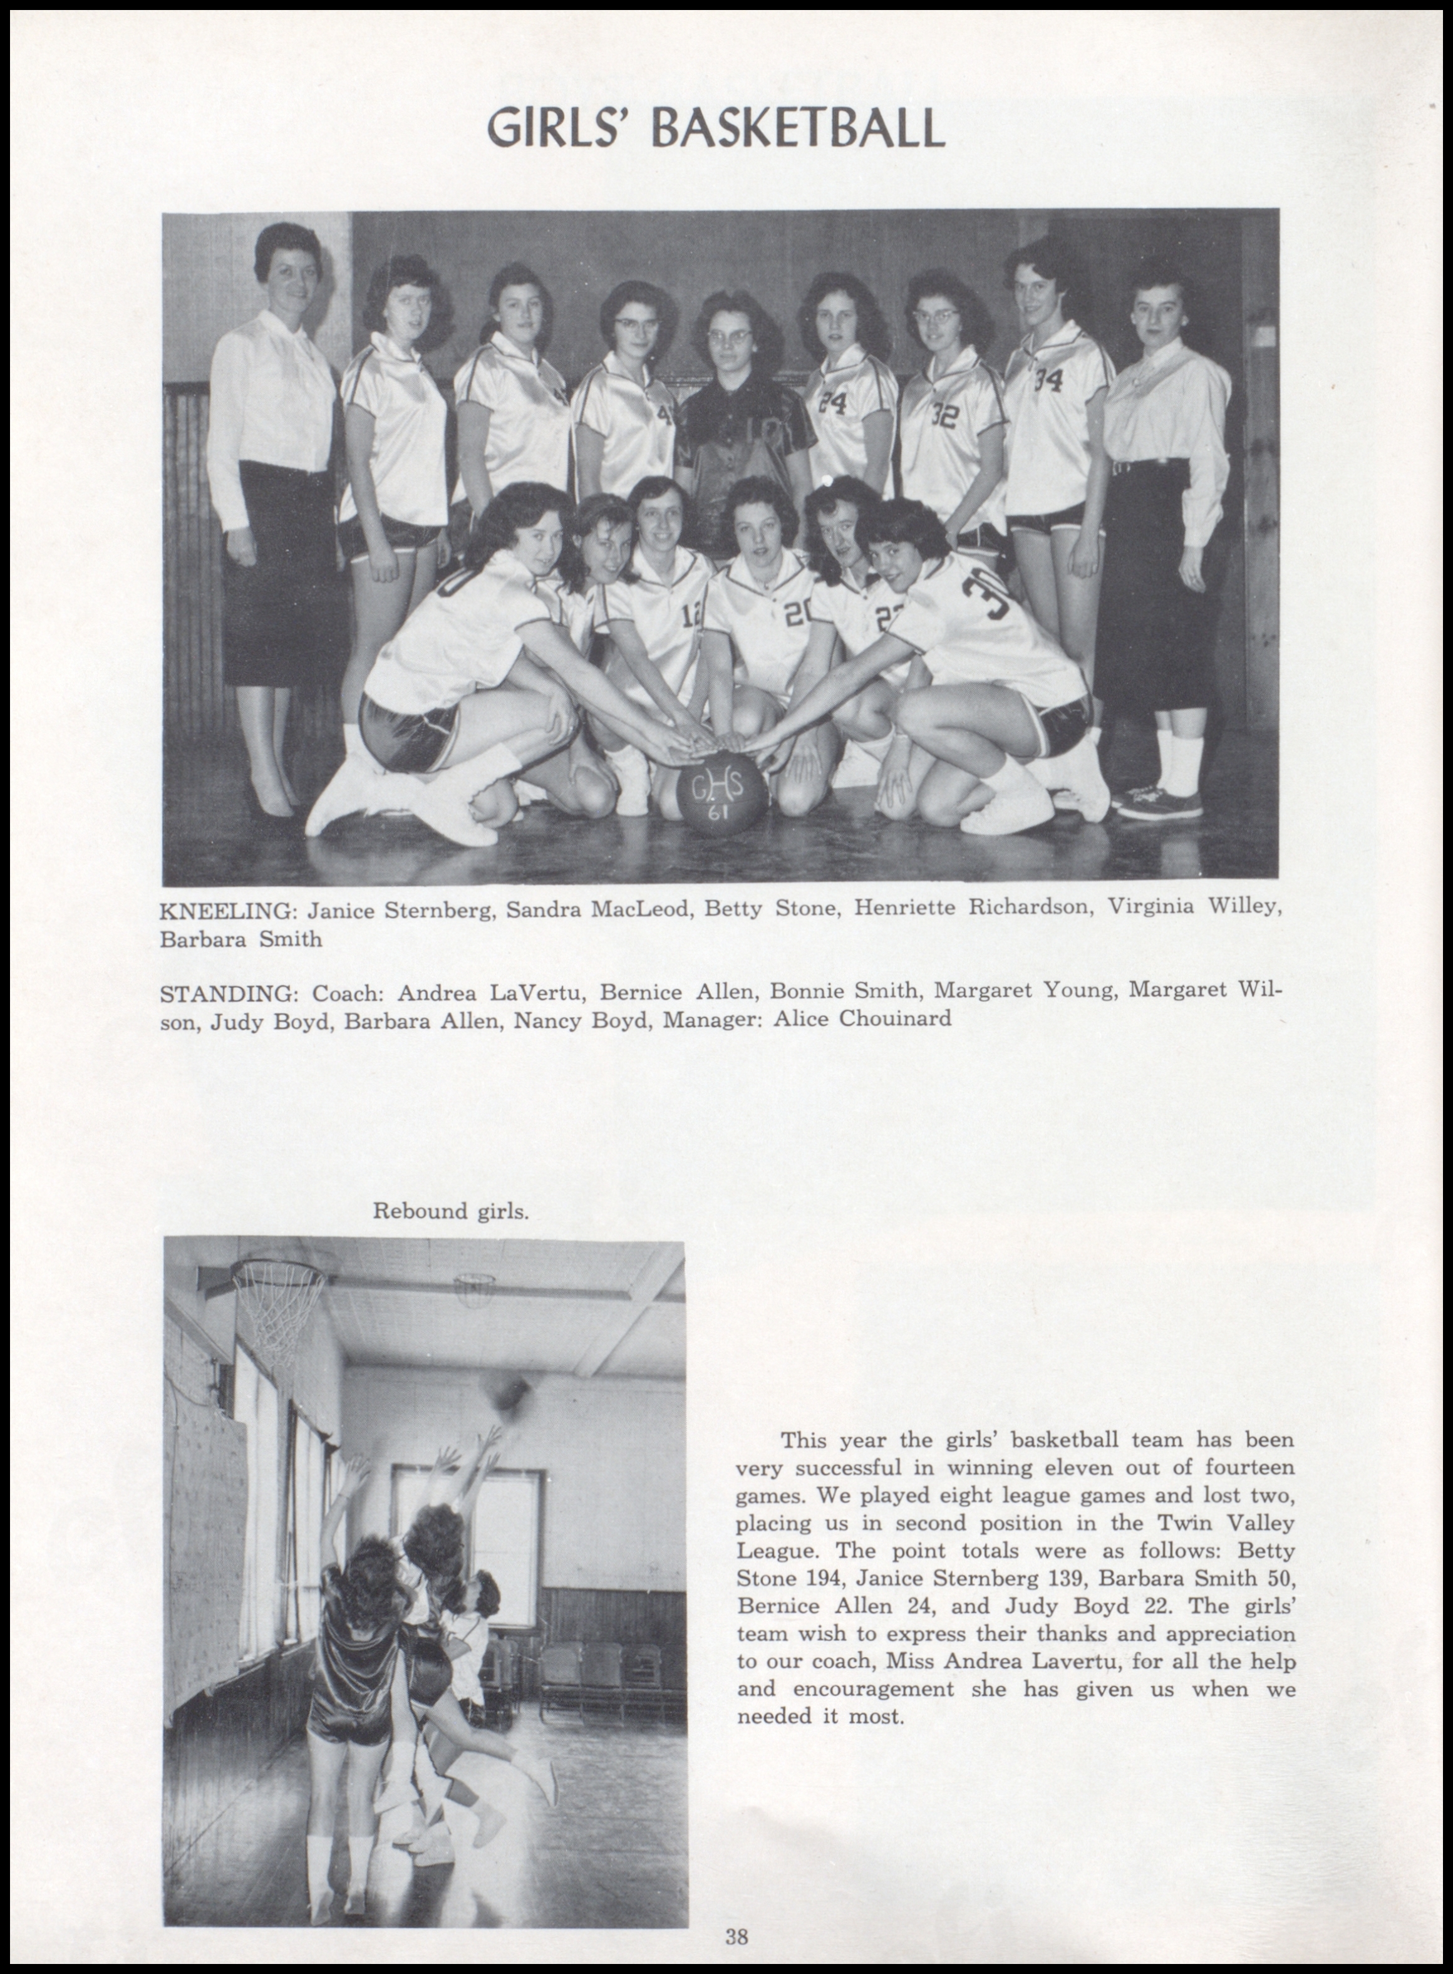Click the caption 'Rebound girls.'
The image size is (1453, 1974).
pyautogui.click(x=450, y=1211)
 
